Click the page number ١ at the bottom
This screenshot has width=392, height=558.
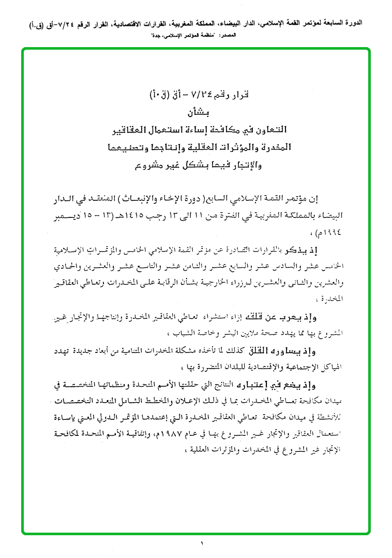tap(201, 543)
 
